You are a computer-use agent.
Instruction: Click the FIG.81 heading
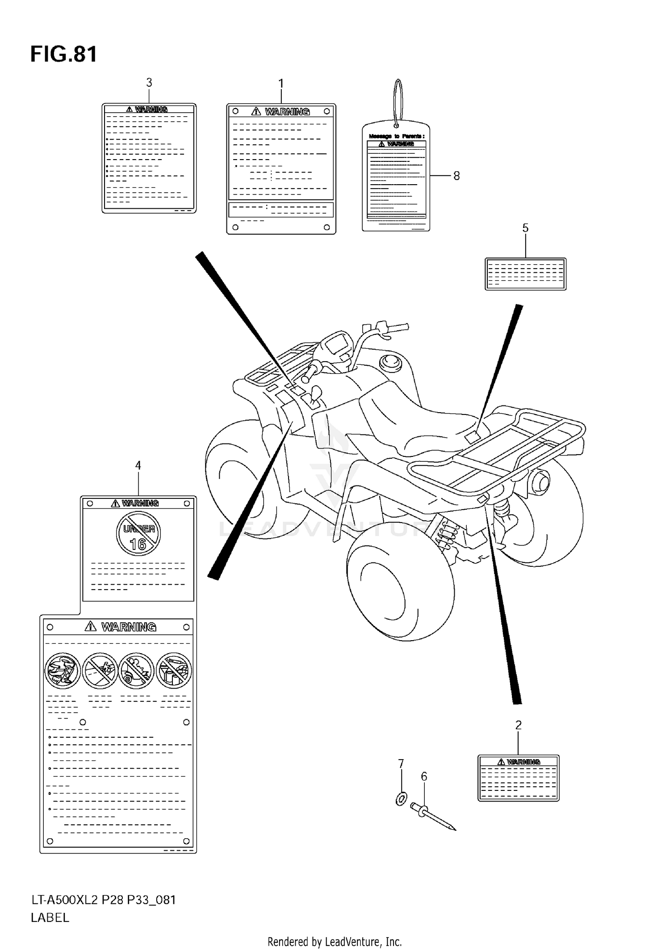click(63, 55)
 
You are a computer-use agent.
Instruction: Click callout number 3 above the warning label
click(149, 83)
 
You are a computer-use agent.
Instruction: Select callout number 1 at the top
click(281, 84)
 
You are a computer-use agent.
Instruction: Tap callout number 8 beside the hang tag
click(456, 176)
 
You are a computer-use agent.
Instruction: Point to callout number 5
click(525, 228)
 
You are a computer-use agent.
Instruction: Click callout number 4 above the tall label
click(138, 465)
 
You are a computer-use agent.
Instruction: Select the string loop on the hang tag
click(398, 101)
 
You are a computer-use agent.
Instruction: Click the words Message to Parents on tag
click(396, 136)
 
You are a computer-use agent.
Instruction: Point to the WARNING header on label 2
click(519, 762)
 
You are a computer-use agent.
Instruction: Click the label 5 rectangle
click(525, 274)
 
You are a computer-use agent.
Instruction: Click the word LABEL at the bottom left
click(50, 918)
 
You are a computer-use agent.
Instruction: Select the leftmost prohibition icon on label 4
click(63, 671)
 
